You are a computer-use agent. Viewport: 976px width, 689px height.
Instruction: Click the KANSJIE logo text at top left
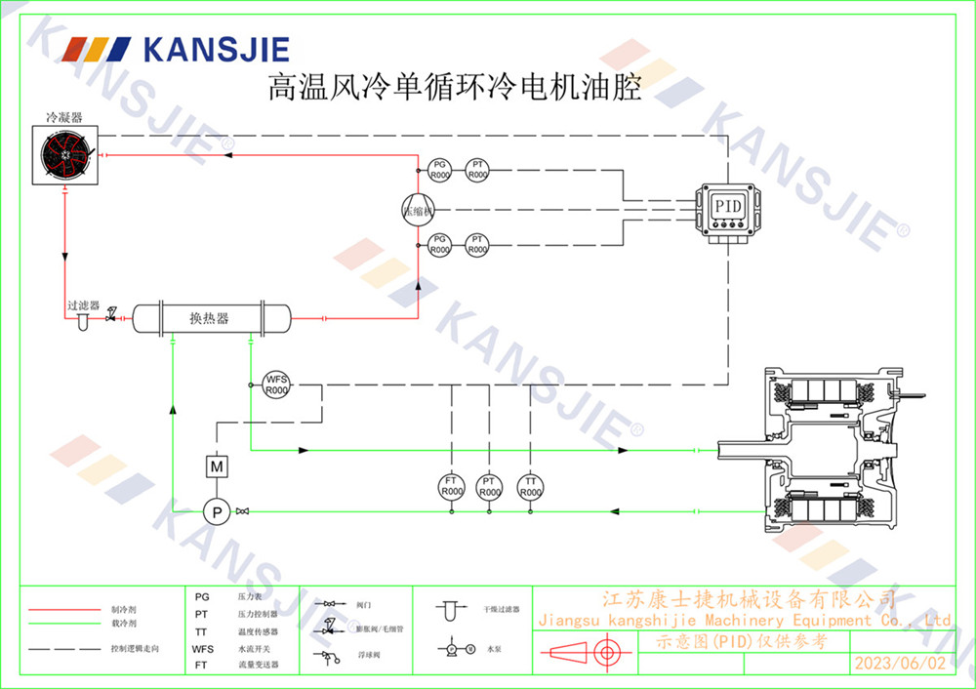coord(216,48)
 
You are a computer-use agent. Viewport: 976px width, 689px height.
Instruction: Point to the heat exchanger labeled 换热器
coord(211,318)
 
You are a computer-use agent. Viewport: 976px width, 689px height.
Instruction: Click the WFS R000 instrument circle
coord(276,385)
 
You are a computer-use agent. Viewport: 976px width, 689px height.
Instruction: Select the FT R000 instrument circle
coord(452,486)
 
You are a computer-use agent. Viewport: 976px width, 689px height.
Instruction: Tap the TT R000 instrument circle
coord(530,486)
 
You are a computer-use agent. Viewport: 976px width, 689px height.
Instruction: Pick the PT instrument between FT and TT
coord(490,486)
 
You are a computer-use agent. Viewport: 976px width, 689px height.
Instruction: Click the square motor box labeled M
coord(217,466)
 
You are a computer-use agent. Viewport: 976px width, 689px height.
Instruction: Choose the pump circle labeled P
coord(217,510)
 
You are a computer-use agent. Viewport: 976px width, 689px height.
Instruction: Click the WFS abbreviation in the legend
coord(202,648)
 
